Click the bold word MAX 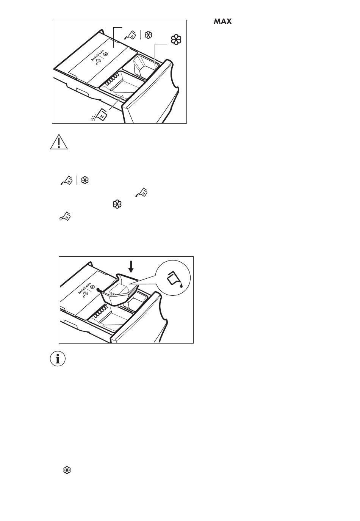click(x=222, y=21)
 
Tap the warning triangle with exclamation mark click(x=59, y=142)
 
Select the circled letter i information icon click(x=58, y=359)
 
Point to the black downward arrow click(x=131, y=267)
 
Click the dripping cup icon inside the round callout click(x=175, y=279)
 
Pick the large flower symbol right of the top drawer click(x=176, y=40)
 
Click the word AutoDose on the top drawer click(x=97, y=55)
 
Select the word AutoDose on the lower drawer click(x=85, y=288)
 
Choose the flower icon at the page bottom click(x=67, y=470)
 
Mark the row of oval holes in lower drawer click(x=99, y=312)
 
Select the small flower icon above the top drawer click(x=148, y=35)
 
